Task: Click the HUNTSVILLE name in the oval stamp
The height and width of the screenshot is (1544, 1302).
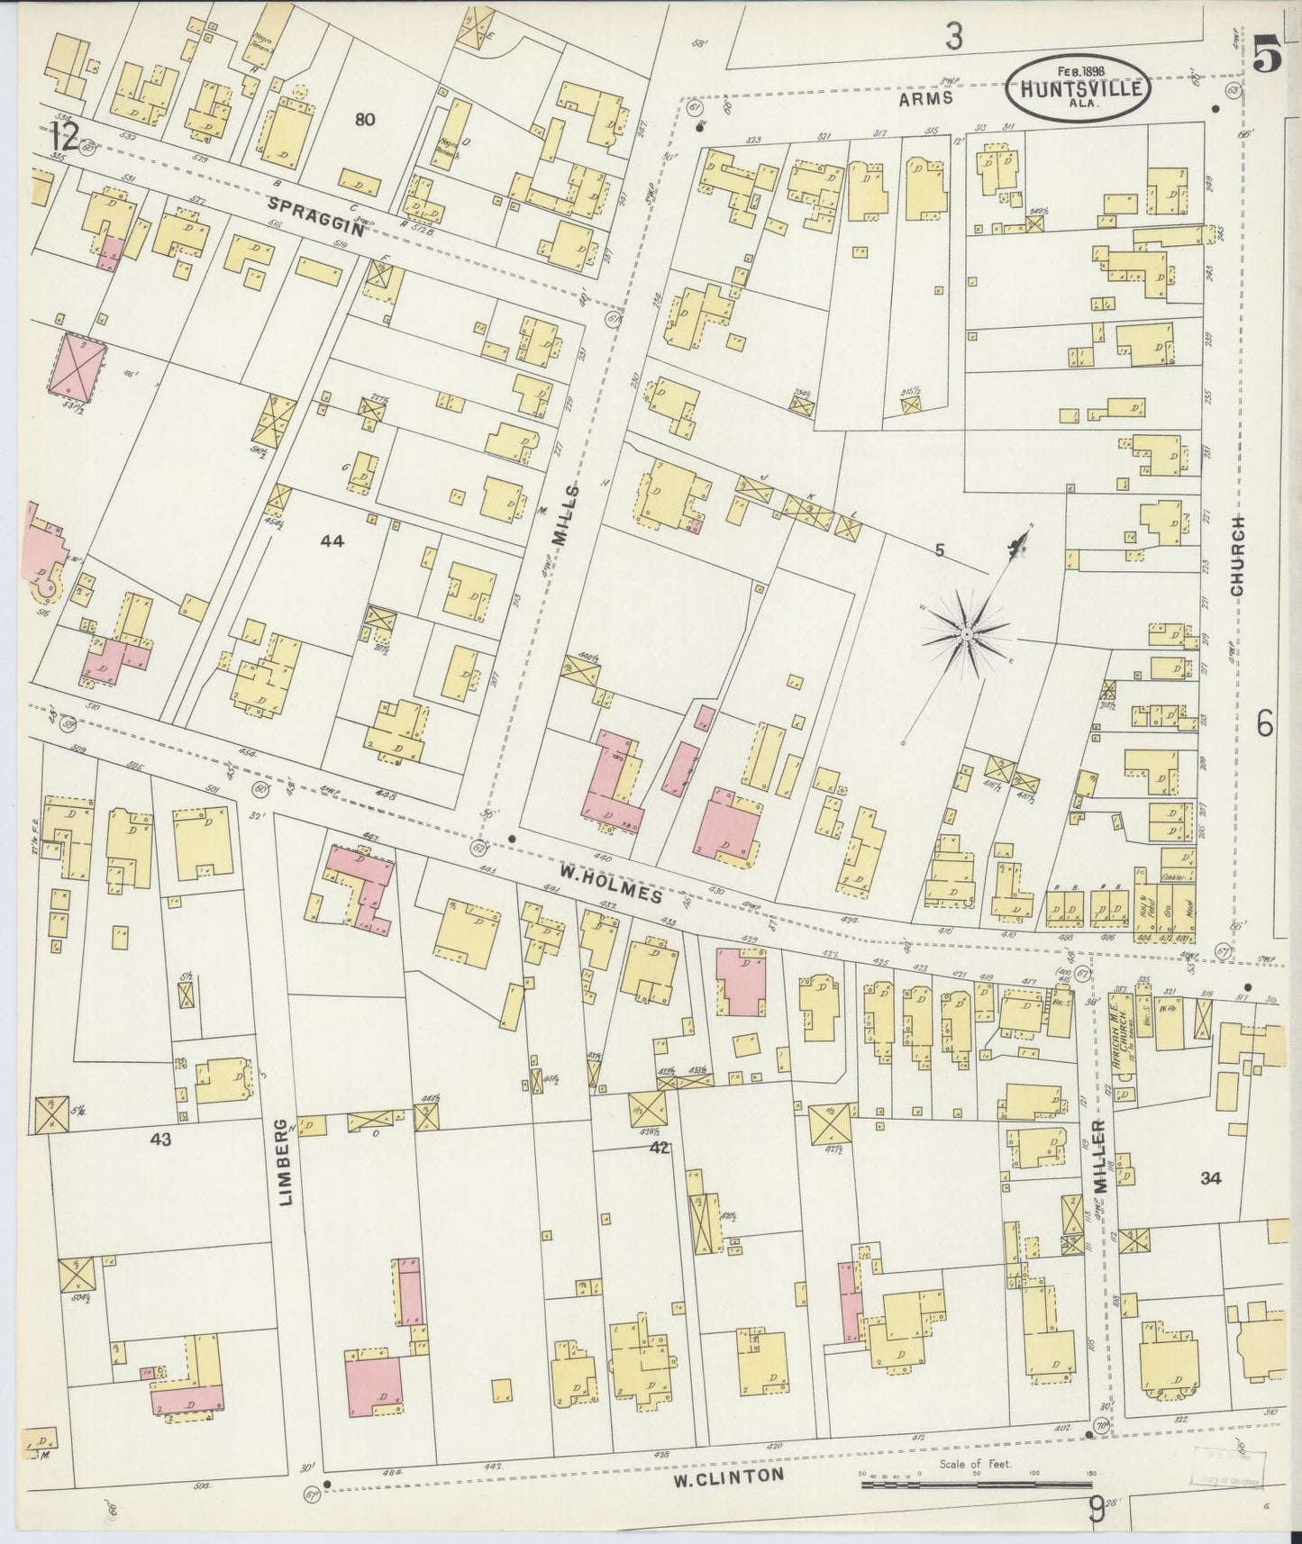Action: [1078, 89]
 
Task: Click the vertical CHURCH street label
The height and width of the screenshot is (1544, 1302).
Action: [1236, 556]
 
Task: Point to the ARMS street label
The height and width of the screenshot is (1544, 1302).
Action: [925, 101]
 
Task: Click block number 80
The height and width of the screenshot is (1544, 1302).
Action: [364, 119]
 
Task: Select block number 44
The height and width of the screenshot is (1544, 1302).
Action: [332, 540]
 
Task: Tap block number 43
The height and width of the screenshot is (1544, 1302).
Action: [160, 1140]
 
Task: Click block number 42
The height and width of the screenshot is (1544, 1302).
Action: [660, 1147]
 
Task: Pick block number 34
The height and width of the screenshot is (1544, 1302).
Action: [1210, 1177]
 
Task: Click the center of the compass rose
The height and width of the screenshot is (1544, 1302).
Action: [965, 635]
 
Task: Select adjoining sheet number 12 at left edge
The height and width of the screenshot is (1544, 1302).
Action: [65, 137]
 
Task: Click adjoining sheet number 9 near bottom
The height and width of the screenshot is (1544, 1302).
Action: [1096, 1508]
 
